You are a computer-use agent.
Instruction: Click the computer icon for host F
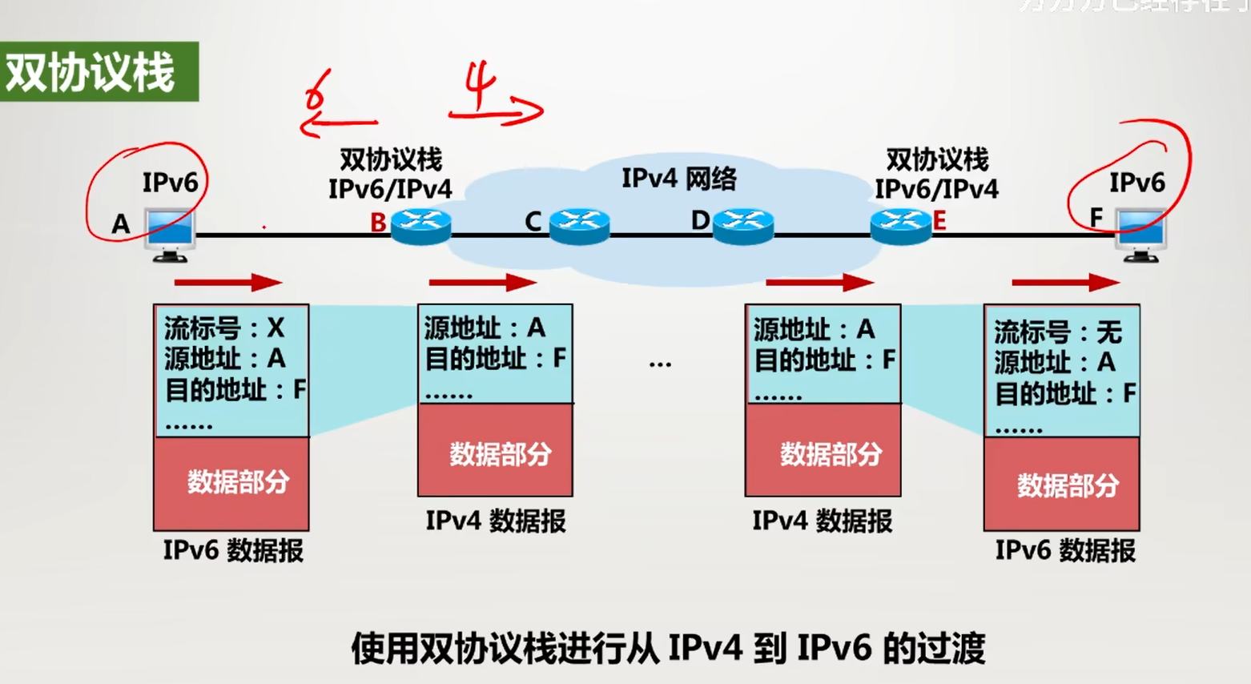1141,234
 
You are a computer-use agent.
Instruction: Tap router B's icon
421,226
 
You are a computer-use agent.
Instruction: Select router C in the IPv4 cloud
580,226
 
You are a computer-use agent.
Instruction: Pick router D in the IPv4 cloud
743,226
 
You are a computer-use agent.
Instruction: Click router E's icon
901,226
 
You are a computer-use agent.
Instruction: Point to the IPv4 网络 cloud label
678,179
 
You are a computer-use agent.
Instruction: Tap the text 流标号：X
224,328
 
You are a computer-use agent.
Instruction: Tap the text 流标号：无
1057,332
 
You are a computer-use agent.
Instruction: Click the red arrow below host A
227,282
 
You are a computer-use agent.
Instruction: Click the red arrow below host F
1065,282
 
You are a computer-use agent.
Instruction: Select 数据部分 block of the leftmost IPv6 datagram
231,483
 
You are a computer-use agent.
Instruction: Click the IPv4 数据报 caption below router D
822,521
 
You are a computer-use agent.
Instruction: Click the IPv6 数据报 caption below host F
1064,551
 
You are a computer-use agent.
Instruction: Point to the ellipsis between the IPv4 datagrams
660,365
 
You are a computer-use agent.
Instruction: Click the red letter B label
378,223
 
